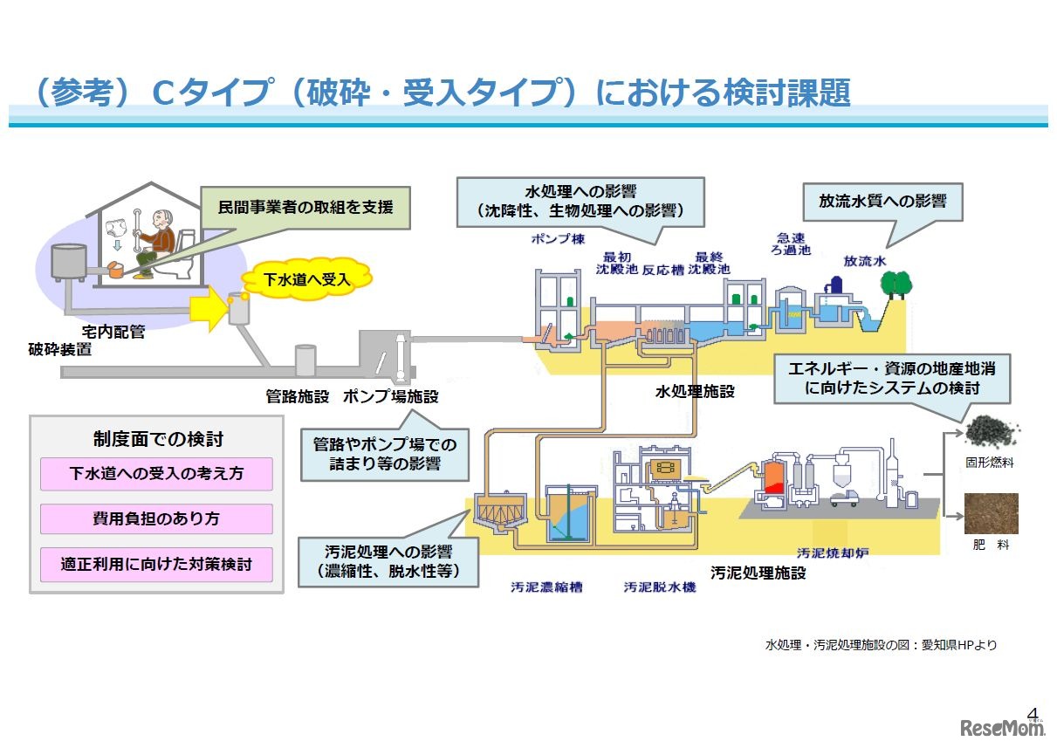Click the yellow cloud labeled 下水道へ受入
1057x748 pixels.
(x=306, y=278)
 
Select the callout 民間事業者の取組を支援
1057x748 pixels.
(x=305, y=208)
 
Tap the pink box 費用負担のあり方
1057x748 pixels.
(x=156, y=518)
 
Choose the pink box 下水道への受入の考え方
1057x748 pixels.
(x=156, y=474)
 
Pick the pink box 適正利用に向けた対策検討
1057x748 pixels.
(x=156, y=564)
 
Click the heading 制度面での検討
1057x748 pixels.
(x=157, y=439)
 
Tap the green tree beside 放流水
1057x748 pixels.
(x=895, y=284)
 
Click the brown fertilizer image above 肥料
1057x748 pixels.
(x=992, y=514)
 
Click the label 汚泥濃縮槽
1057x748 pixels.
(x=546, y=587)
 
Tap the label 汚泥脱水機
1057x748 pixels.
(x=660, y=587)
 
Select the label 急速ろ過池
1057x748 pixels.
(x=793, y=244)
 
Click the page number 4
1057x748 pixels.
(x=1034, y=710)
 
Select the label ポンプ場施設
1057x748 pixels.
(x=390, y=396)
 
